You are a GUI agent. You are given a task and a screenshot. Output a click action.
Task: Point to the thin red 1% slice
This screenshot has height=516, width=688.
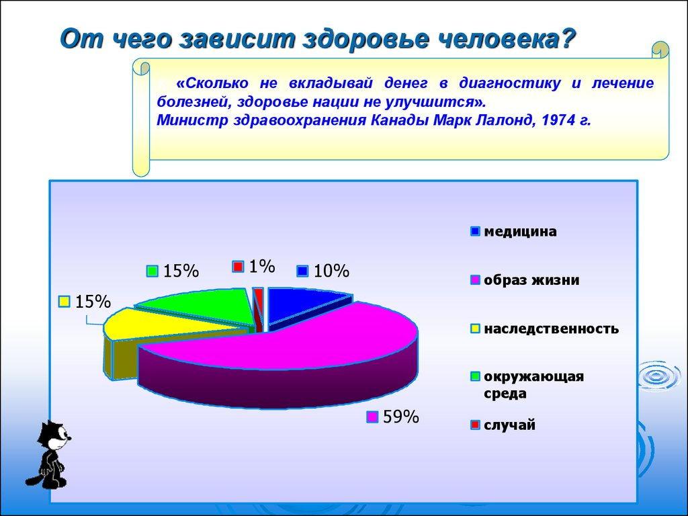259,309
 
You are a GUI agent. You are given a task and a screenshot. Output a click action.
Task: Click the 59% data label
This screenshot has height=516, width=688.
392,417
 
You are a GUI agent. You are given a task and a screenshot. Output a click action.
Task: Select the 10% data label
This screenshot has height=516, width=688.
323,271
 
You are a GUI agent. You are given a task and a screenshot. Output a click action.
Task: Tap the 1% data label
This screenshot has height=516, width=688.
254,266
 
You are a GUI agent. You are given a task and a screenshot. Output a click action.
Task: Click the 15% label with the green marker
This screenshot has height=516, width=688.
173,271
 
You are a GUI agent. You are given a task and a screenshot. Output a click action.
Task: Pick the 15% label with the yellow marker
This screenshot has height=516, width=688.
85,302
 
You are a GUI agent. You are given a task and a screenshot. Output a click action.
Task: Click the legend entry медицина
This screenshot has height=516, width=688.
513,231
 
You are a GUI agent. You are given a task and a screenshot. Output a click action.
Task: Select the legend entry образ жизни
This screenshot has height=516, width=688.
525,279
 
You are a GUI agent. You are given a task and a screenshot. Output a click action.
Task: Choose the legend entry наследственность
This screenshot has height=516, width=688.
544,328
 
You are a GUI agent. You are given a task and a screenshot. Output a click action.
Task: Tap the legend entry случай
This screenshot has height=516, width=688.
503,425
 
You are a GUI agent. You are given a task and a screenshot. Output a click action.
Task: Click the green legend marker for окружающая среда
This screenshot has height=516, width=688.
475,376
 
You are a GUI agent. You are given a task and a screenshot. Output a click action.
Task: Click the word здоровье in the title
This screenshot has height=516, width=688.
366,39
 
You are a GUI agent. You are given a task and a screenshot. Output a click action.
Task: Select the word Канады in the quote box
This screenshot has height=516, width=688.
400,120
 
